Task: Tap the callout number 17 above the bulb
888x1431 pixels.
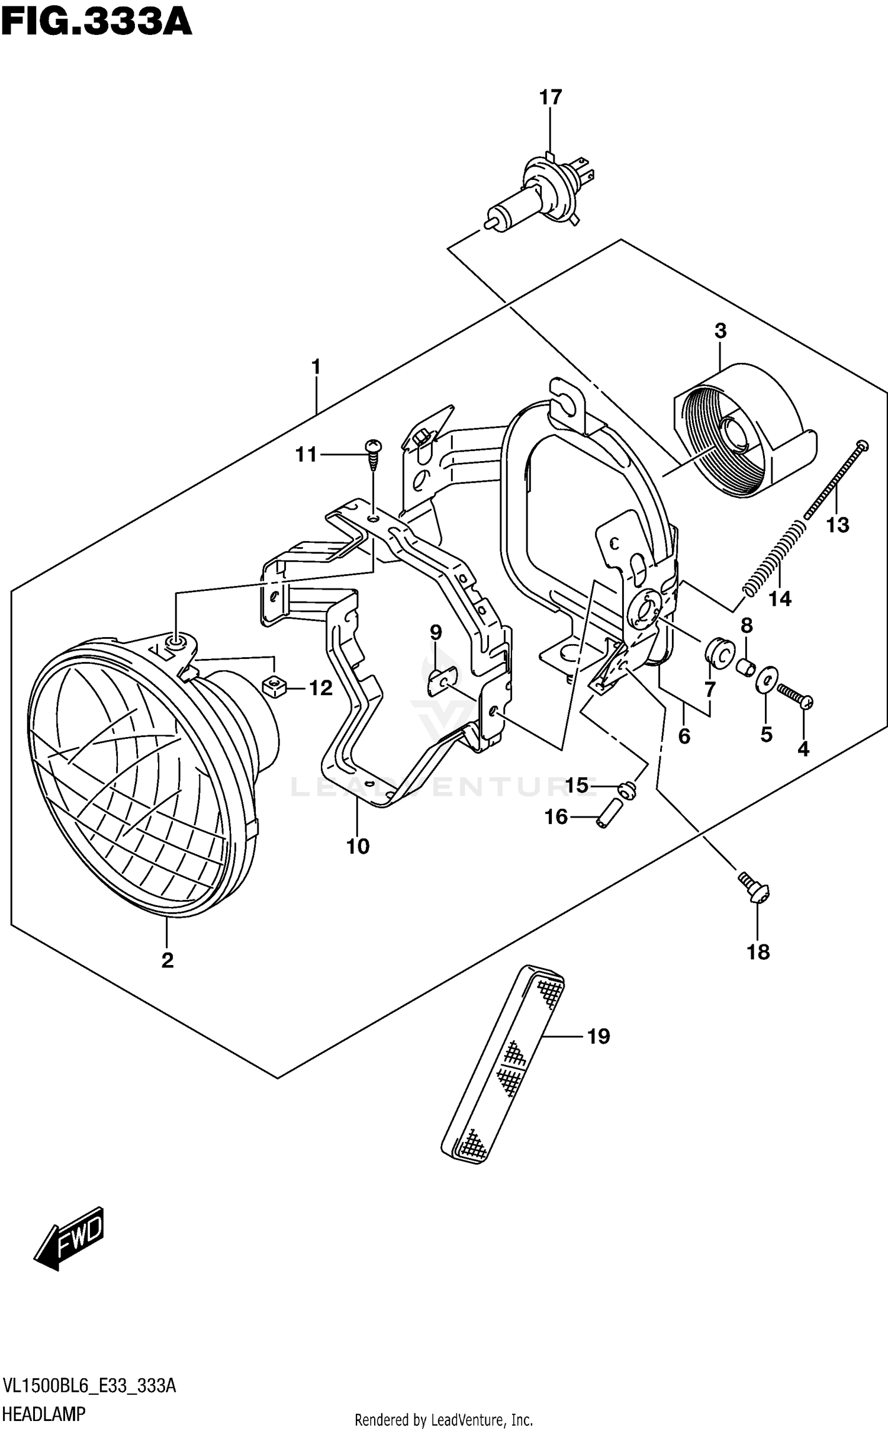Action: [x=550, y=98]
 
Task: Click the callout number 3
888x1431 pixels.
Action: [x=720, y=331]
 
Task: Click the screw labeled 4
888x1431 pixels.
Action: [x=795, y=697]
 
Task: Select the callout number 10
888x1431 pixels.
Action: [x=358, y=847]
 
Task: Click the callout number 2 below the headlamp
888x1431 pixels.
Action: [x=168, y=960]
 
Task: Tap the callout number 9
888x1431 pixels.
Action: [x=436, y=633]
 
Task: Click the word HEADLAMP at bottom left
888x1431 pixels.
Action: [x=44, y=1414]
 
